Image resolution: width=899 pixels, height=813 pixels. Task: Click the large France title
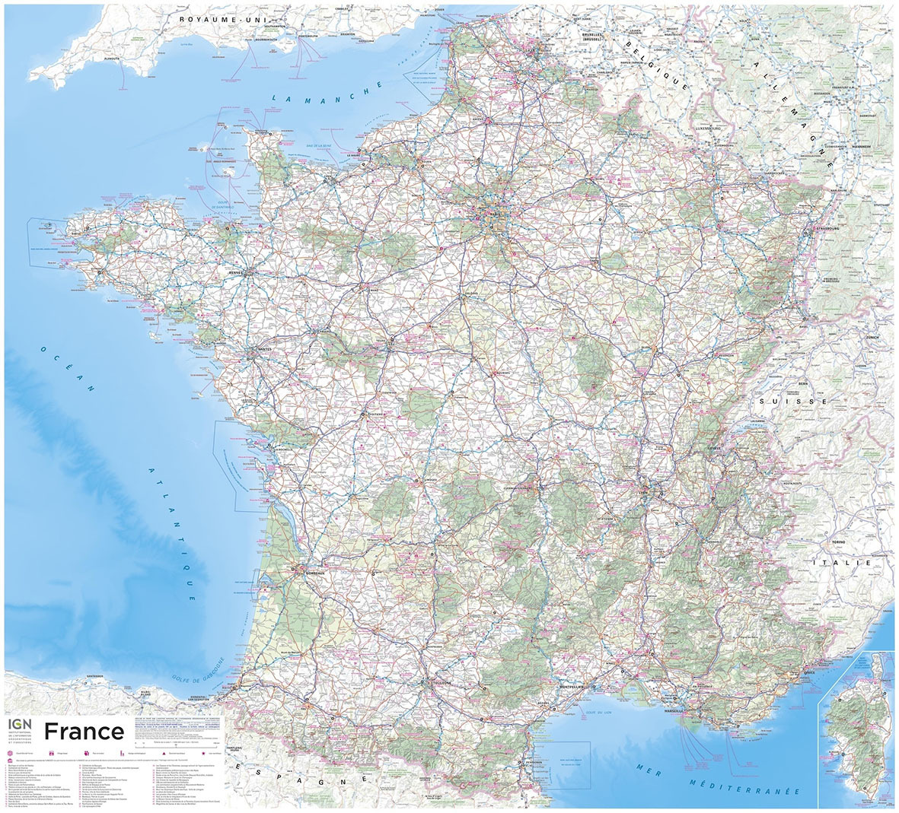click(84, 731)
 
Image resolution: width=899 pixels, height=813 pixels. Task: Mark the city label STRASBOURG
click(831, 227)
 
